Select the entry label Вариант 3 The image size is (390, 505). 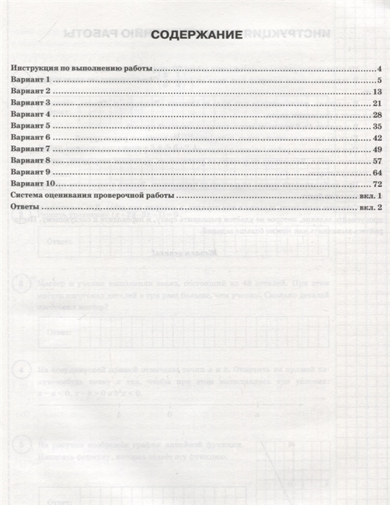coord(30,103)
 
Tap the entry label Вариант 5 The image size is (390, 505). coord(30,126)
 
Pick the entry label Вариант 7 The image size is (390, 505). coord(30,149)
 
